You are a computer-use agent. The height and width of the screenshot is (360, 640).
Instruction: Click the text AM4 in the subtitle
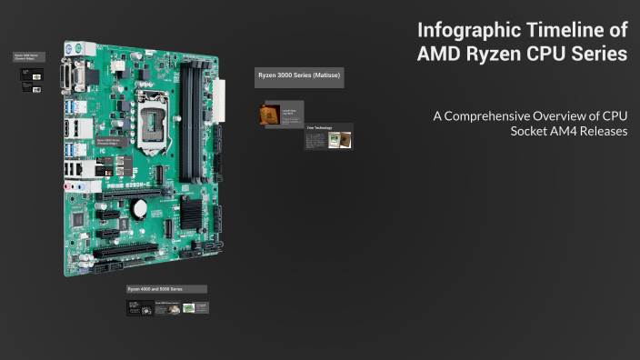[563, 131]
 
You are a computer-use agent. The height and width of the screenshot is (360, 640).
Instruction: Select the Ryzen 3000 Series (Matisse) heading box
[299, 77]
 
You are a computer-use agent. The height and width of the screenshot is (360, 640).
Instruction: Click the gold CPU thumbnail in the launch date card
[269, 115]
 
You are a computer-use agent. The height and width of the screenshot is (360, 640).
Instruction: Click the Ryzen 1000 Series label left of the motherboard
[29, 57]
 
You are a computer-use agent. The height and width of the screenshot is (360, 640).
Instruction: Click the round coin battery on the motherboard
[139, 207]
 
